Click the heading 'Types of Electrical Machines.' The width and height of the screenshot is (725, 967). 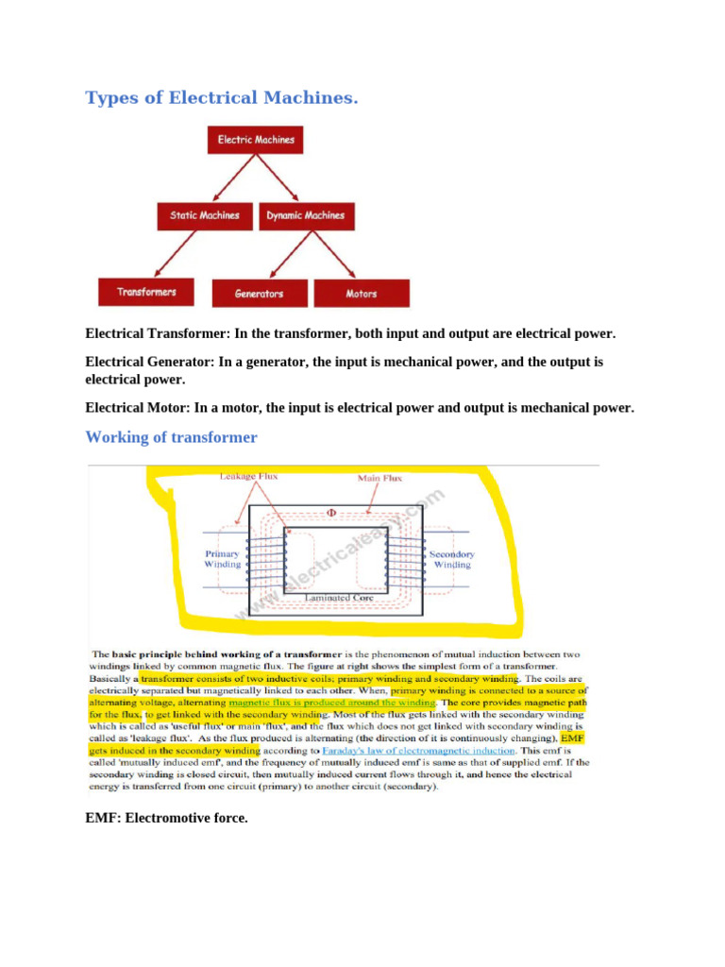221,98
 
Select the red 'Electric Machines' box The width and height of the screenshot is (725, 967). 256,140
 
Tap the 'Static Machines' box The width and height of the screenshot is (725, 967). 198,215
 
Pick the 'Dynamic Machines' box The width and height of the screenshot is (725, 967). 305,215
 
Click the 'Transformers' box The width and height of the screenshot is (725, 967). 146,292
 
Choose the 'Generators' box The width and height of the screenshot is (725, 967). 260,294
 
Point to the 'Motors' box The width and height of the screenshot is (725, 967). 362,294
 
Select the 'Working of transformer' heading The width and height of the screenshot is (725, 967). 171,437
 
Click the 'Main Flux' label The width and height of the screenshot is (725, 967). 379,478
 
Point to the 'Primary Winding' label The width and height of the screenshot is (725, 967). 223,559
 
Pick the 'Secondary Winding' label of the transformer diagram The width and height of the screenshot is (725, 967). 452,559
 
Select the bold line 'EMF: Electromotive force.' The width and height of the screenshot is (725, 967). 166,818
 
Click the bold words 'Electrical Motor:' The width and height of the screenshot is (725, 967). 138,408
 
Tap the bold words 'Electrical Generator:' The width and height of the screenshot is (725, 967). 150,362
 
